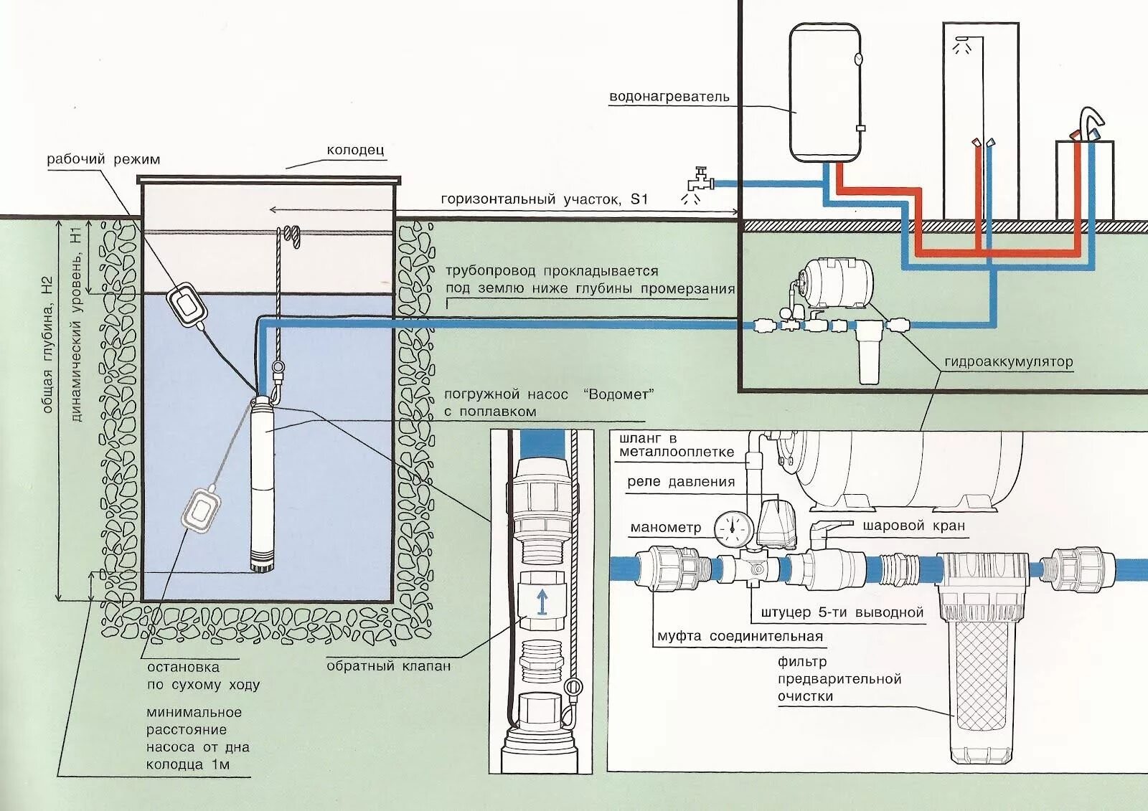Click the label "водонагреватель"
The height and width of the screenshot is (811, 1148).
click(x=669, y=97)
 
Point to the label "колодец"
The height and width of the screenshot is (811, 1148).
click(x=355, y=151)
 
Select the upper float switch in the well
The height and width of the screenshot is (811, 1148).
click(x=187, y=305)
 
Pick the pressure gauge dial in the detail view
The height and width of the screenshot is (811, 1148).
click(x=733, y=526)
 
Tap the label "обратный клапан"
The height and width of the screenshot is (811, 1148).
click(x=389, y=666)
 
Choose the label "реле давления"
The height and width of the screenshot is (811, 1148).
click(x=681, y=482)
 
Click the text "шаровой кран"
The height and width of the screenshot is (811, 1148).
click(x=914, y=526)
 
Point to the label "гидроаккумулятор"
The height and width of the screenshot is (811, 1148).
click(x=1009, y=361)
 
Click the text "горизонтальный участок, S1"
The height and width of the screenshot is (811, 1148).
click(x=545, y=199)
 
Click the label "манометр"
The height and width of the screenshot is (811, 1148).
click(x=665, y=528)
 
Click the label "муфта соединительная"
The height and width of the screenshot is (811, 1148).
click(x=740, y=637)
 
